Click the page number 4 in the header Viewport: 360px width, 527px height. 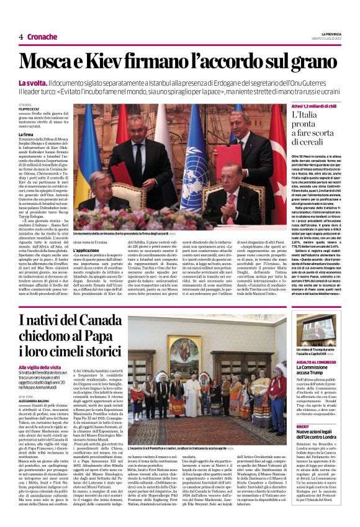(21, 37)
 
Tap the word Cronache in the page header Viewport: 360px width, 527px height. (42, 37)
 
